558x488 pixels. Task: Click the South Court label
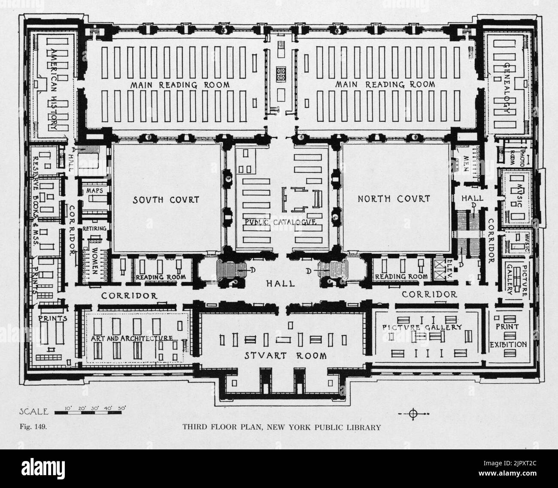(166, 199)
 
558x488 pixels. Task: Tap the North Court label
(394, 199)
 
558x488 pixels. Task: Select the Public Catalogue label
(281, 222)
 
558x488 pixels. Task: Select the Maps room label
(94, 190)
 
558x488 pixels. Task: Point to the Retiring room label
(94, 229)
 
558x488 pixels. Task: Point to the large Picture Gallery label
(422, 327)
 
